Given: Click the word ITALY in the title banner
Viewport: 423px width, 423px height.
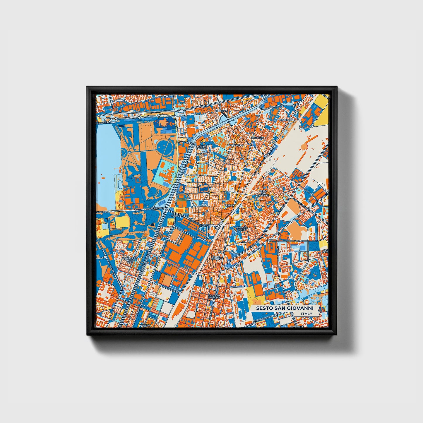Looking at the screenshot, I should click(306, 314).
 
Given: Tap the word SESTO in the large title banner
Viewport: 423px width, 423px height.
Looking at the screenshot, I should click(263, 308).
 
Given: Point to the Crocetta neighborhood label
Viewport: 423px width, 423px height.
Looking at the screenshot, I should click(221, 111).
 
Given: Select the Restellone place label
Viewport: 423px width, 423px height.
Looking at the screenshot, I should click(287, 120).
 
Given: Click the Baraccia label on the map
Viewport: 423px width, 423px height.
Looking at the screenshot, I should click(257, 137).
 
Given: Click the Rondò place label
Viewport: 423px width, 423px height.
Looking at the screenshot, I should click(229, 205).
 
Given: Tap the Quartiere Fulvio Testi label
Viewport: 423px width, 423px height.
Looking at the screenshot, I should click(129, 260).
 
